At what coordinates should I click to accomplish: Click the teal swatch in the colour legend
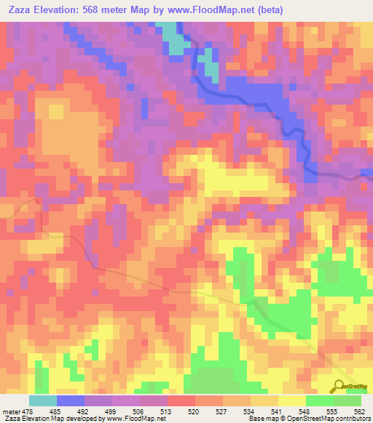coord(42,401)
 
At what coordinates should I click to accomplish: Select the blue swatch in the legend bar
coord(70,401)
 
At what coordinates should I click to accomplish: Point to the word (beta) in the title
coord(267,9)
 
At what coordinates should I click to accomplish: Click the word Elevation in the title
coord(59,9)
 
